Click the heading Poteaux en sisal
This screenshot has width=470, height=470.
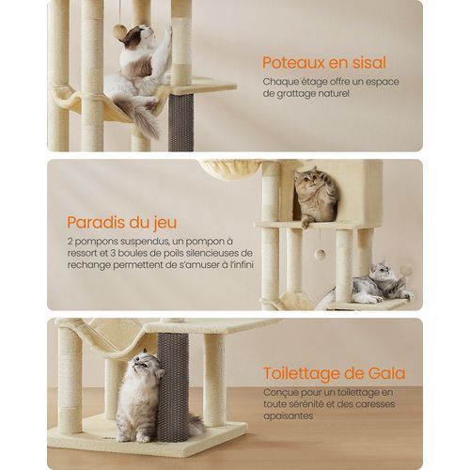tap(324, 64)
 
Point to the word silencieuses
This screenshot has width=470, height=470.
tap(198, 253)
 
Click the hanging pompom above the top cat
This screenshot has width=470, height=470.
tap(120, 32)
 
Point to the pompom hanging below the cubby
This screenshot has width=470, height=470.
tap(320, 254)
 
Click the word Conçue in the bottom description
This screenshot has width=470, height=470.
tap(280, 392)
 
